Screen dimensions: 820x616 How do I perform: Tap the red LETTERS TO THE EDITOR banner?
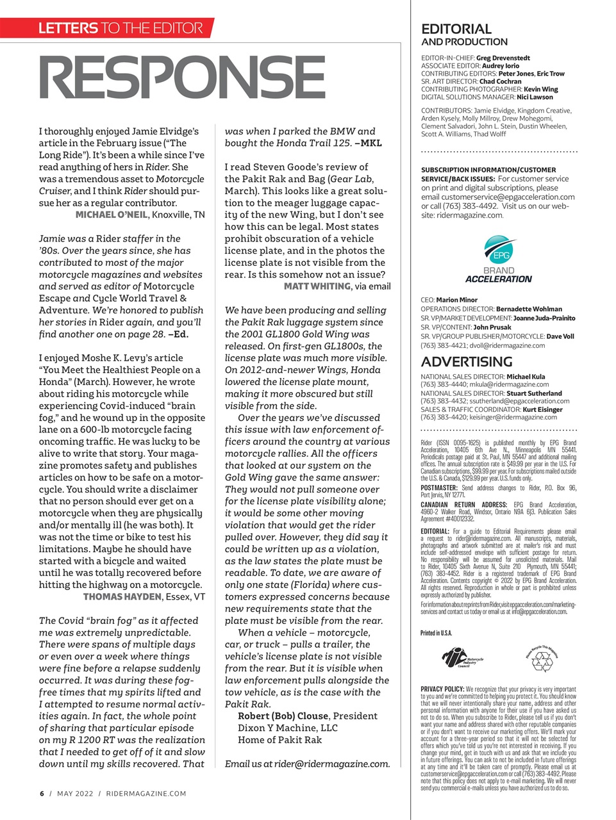tap(121, 28)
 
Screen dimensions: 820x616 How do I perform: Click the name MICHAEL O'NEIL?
tap(112, 215)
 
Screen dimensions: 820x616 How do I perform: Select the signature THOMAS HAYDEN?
tap(122, 596)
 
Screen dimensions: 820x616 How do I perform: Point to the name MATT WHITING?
tap(317, 286)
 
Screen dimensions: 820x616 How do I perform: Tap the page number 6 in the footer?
tap(42, 793)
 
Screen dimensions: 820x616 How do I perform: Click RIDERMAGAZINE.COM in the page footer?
tap(146, 793)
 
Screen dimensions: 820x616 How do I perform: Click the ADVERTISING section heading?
tap(467, 361)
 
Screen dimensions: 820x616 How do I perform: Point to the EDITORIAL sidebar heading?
tap(456, 29)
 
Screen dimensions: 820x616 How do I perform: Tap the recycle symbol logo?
tap(542, 658)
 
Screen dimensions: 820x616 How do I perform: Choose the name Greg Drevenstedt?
tap(503, 58)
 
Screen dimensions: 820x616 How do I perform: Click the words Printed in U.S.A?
tap(436, 633)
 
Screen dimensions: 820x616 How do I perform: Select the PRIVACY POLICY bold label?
tap(442, 689)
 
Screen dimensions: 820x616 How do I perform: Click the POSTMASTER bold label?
tap(440, 488)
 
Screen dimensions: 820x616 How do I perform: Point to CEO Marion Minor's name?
tap(456, 300)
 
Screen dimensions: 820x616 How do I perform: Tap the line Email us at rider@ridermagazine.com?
tap(307, 764)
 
